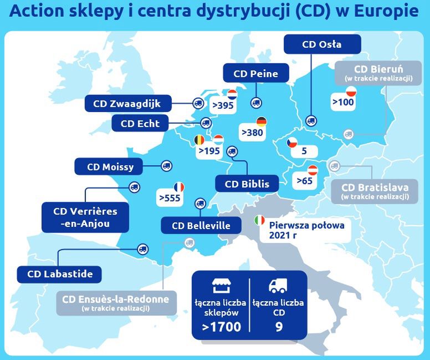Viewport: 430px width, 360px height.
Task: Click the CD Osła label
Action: (322, 44)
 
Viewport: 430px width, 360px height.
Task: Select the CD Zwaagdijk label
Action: (129, 103)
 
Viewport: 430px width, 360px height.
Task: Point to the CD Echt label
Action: (140, 123)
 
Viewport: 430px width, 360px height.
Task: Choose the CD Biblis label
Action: (247, 183)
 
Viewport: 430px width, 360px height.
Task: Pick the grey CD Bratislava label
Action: (375, 190)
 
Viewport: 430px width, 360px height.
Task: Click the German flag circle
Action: (261, 122)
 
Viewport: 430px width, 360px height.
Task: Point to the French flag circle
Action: (178, 187)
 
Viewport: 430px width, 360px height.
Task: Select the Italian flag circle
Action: (259, 220)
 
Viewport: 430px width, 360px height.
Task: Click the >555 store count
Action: (170, 197)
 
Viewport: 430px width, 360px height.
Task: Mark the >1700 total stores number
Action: (221, 327)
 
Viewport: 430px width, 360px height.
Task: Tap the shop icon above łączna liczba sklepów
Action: (221, 286)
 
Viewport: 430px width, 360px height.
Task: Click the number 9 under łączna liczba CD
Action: (278, 327)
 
